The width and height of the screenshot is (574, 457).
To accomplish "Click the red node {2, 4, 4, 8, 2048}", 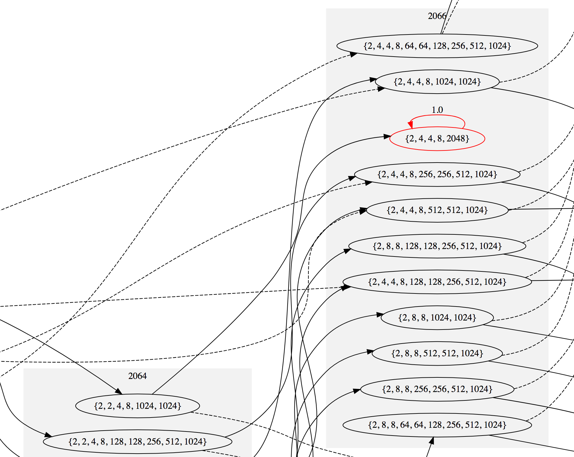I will point(437,139).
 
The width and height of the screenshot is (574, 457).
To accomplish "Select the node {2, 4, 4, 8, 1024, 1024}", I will point(437,82).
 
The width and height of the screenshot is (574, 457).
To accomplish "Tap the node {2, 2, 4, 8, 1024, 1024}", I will point(137,406).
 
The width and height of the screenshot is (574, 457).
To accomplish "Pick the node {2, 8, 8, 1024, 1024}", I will point(437,318).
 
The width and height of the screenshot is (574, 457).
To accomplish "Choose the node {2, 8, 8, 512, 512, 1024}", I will point(437,353).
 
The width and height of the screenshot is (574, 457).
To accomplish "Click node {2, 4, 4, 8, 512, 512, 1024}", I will point(437,210).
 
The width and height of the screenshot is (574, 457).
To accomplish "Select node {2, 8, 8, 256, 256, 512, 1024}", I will point(437,389).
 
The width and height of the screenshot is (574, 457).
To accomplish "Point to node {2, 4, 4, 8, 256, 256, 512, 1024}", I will point(437,174).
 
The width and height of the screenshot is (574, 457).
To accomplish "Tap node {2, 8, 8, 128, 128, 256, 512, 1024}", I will point(437,246).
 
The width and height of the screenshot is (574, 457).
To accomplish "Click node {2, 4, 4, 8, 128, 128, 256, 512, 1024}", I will point(437,282).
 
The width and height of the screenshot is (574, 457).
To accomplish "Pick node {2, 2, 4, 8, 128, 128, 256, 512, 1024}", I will point(137,442).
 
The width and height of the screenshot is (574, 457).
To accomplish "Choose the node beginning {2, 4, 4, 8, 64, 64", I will point(437,46).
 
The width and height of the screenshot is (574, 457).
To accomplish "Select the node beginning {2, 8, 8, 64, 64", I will point(437,425).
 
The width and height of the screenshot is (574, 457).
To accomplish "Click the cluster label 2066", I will point(437,16).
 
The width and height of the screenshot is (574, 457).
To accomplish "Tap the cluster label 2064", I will point(137,376).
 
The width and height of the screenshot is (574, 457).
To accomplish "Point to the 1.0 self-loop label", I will point(437,110).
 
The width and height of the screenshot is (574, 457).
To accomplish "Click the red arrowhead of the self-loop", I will point(411,125).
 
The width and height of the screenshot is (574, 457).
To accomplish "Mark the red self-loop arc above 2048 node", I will point(437,116).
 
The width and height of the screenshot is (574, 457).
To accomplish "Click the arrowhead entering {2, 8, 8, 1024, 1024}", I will point(380,315).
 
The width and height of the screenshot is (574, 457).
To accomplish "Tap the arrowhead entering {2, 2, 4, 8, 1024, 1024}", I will point(118,391).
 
